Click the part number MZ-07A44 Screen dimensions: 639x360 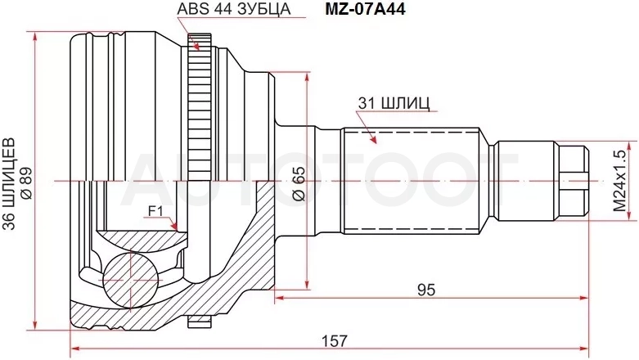365,9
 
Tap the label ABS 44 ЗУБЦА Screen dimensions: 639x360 233,8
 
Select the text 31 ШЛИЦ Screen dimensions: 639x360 394,104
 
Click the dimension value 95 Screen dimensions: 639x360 426,290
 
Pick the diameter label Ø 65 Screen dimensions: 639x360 299,183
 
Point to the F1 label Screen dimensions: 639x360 155,211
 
